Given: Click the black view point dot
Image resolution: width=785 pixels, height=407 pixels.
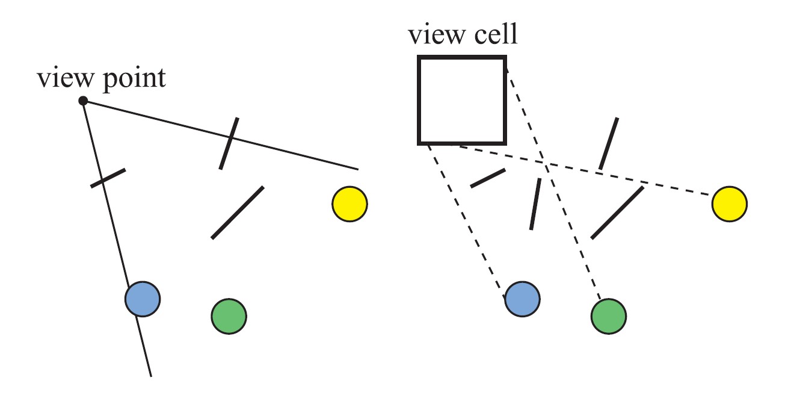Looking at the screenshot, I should click(x=84, y=101).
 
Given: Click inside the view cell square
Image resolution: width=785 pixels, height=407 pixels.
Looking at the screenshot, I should click(x=462, y=101).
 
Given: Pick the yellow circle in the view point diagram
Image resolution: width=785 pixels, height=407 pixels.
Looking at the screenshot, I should click(x=349, y=204).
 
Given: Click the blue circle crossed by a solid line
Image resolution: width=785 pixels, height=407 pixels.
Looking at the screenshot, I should click(x=143, y=299).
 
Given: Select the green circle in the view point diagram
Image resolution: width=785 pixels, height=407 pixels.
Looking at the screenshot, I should click(x=229, y=315).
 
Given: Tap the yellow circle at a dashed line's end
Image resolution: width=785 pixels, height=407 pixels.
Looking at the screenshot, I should click(x=729, y=204).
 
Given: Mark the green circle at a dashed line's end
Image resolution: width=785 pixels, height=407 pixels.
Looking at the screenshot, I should click(x=608, y=315).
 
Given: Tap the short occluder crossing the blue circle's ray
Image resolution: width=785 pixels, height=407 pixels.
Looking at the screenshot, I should click(x=108, y=178).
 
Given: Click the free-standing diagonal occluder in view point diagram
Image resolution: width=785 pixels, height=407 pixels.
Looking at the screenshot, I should click(x=237, y=213).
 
